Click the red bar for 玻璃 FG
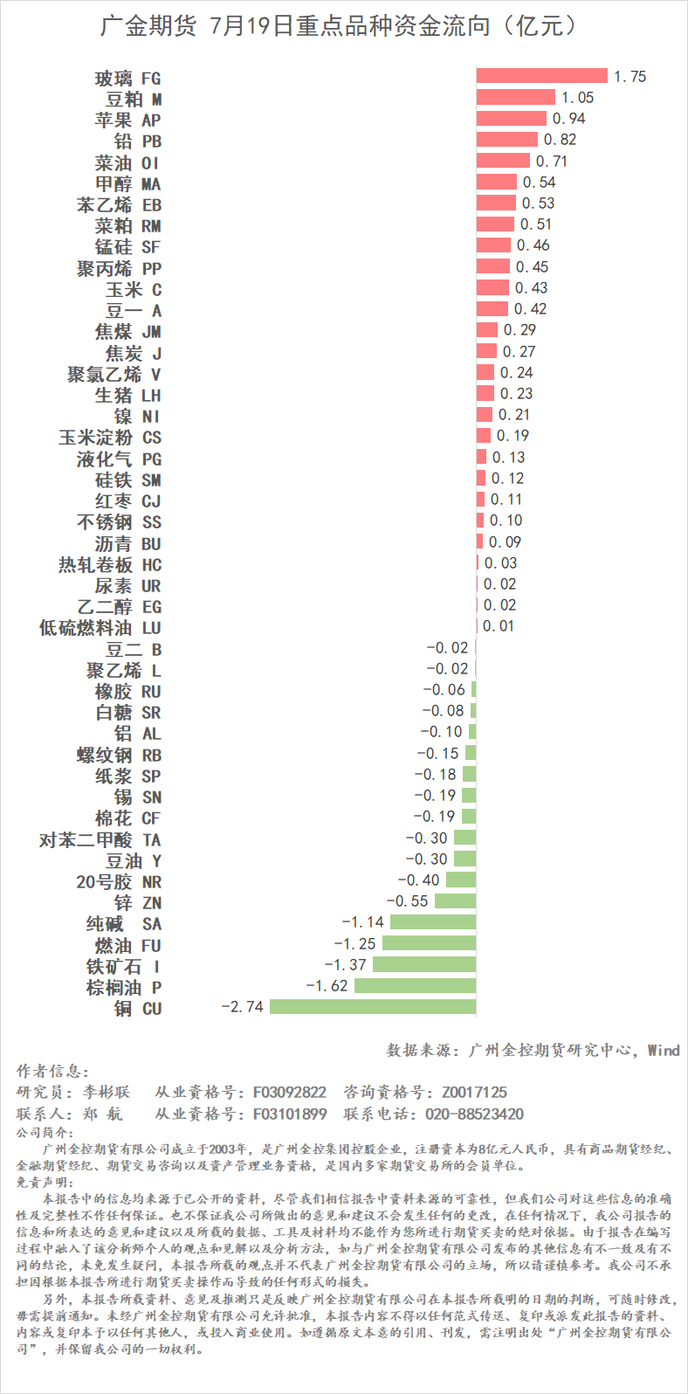(x=541, y=76)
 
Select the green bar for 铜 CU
(x=373, y=1006)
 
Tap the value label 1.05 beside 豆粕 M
(x=577, y=98)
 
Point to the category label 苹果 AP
(x=127, y=120)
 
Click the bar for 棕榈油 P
(x=415, y=985)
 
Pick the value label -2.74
(x=242, y=1006)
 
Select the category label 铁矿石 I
(x=123, y=966)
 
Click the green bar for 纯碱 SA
(x=433, y=921)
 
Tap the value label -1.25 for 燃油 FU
(x=354, y=943)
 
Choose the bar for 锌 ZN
(x=455, y=901)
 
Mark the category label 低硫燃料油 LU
(x=100, y=627)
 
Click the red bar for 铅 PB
(x=506, y=140)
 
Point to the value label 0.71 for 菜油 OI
(x=552, y=162)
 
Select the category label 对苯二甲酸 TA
(x=100, y=839)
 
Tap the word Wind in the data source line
(x=663, y=1050)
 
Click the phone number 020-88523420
(x=474, y=1114)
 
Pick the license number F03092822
(x=290, y=1092)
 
